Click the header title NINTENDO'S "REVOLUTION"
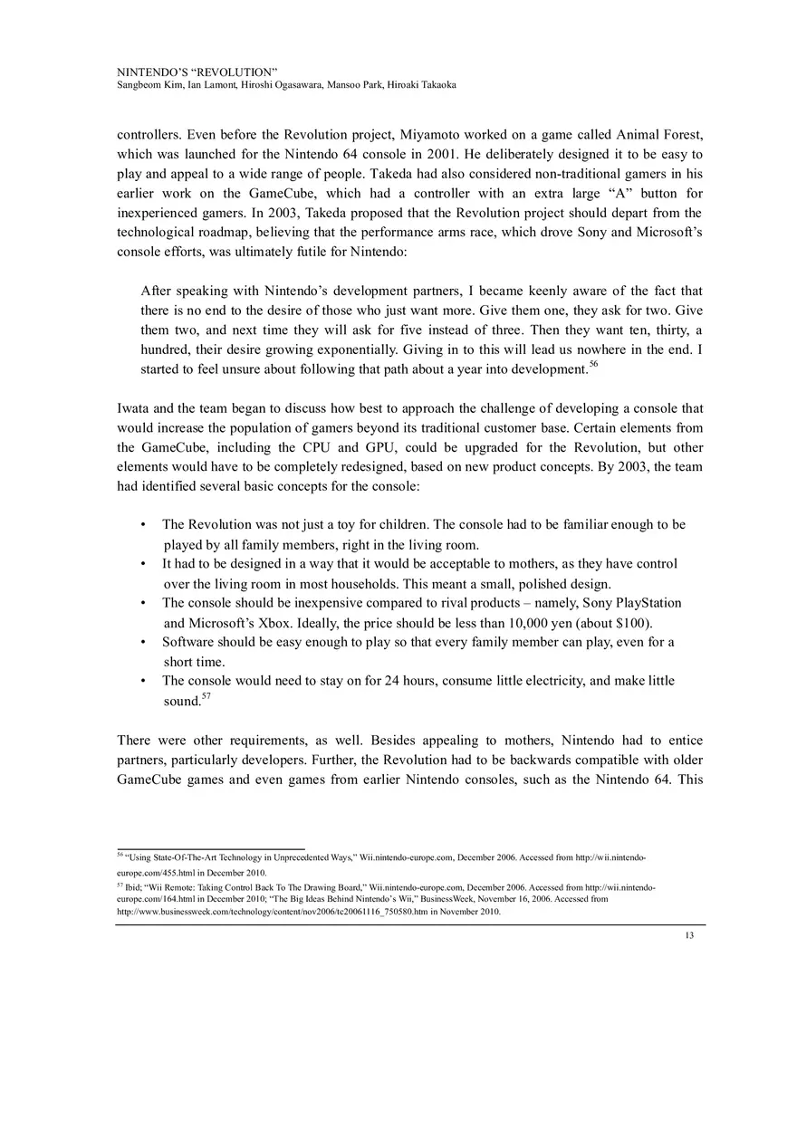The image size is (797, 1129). pyautogui.click(x=197, y=71)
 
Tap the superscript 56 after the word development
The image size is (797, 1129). pyautogui.click(x=594, y=364)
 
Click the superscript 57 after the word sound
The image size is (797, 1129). pyautogui.click(x=206, y=696)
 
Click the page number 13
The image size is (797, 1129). pyautogui.click(x=690, y=935)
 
